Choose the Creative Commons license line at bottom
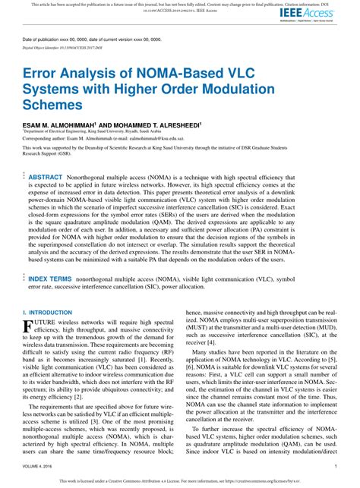click(x=180, y=481)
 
